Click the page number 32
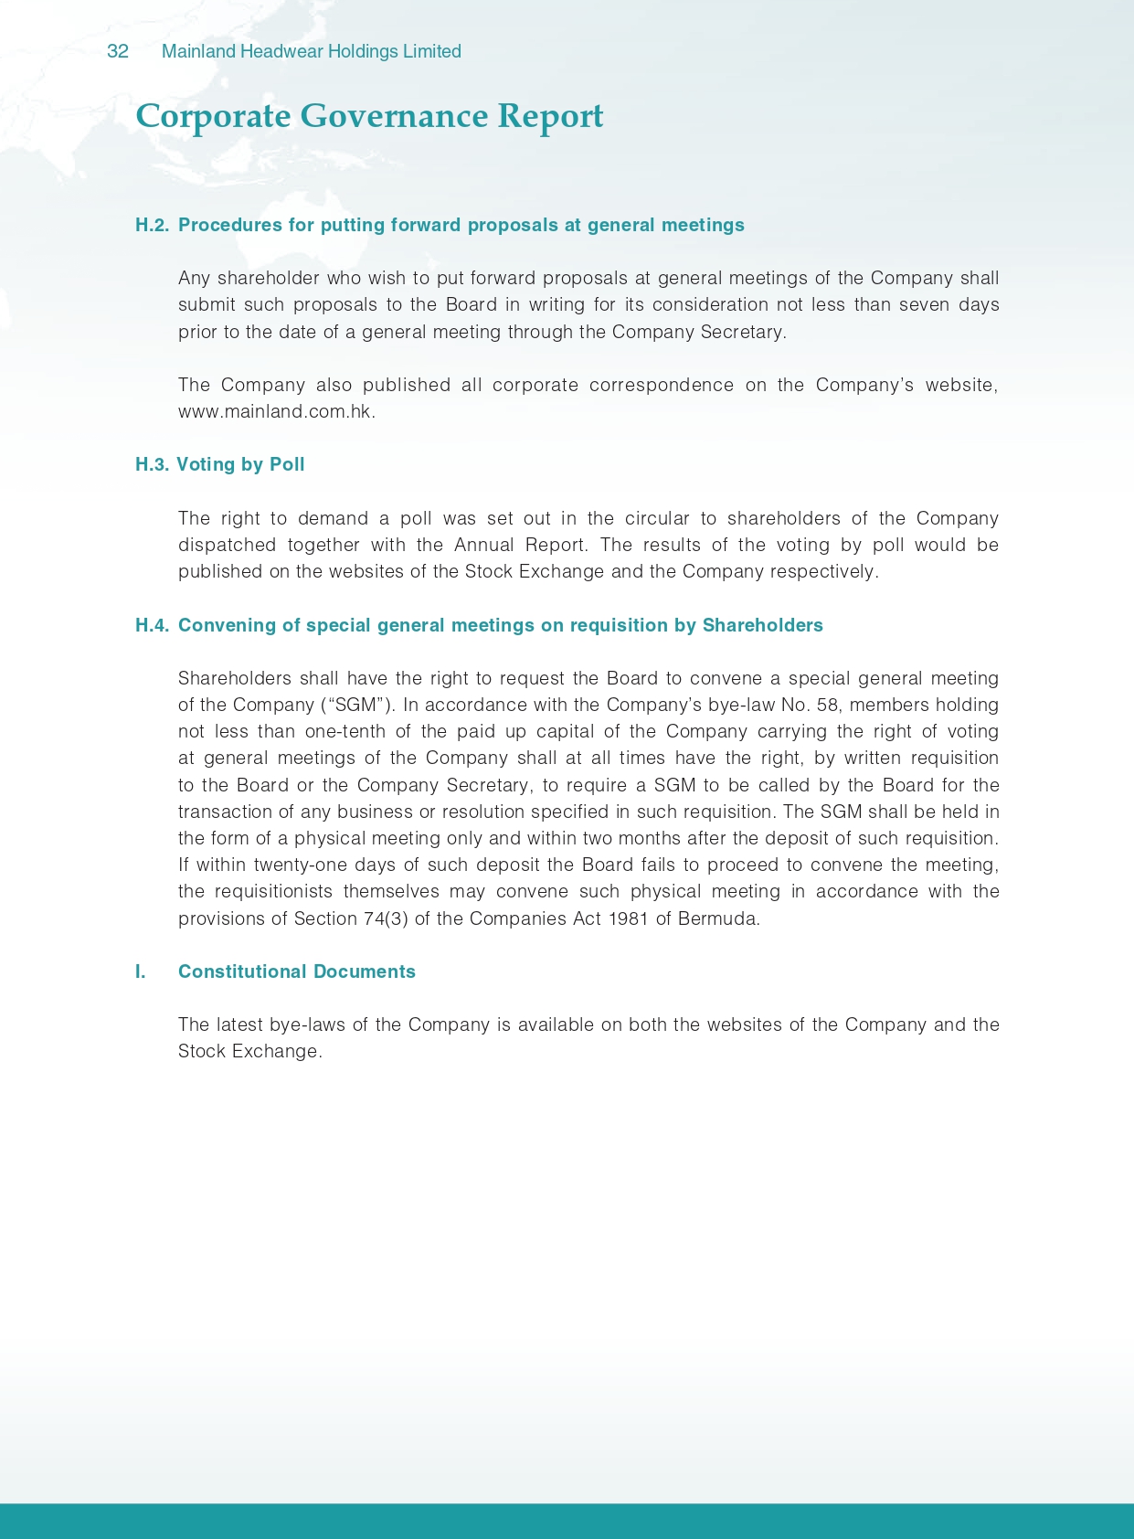click(118, 52)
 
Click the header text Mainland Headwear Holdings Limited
click(311, 52)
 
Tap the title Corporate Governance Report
click(369, 117)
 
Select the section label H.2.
click(152, 226)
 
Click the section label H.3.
click(152, 465)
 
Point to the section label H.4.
click(152, 626)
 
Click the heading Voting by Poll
click(240, 465)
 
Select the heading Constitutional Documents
click(296, 972)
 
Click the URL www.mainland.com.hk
click(276, 412)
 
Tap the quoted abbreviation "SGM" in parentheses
click(355, 706)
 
